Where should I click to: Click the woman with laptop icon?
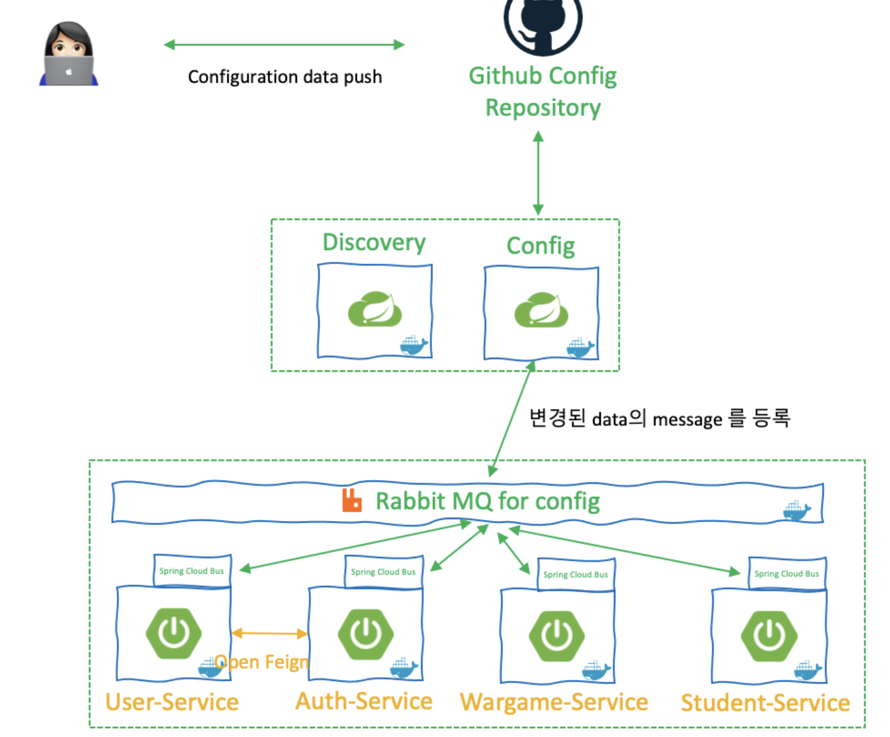[x=69, y=55]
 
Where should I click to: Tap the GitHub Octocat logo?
[x=543, y=22]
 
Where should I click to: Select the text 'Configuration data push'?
[x=285, y=77]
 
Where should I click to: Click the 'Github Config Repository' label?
[x=543, y=92]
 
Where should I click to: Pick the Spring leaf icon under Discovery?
[x=375, y=309]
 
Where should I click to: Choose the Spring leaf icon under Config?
[x=541, y=310]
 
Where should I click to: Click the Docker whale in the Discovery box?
[x=413, y=345]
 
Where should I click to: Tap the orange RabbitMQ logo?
[x=352, y=500]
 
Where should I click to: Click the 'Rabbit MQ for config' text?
[x=487, y=501]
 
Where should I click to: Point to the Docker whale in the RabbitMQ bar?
[x=796, y=510]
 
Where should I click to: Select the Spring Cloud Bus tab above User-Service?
[x=192, y=571]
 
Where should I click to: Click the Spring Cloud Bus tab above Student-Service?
[x=787, y=573]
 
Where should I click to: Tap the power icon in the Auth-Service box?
[x=366, y=633]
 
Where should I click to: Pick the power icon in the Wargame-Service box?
[x=557, y=636]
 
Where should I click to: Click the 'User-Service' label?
[x=172, y=702]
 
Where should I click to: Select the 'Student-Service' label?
[x=765, y=702]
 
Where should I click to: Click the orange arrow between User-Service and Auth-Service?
[x=269, y=633]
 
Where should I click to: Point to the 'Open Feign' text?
[x=262, y=662]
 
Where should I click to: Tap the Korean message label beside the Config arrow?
[x=659, y=418]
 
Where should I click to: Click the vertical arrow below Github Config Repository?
[x=538, y=173]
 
